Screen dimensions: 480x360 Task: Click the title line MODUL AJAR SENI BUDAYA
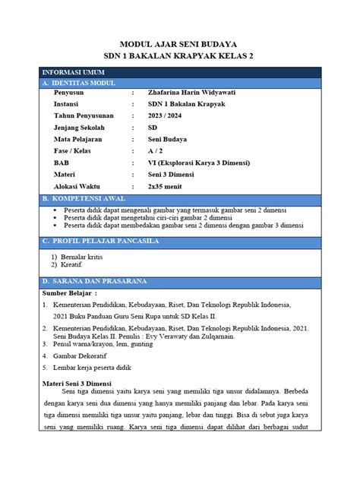179,45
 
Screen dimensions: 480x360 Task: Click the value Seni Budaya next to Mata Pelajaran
169,141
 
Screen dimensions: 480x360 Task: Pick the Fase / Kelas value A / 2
156,153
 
